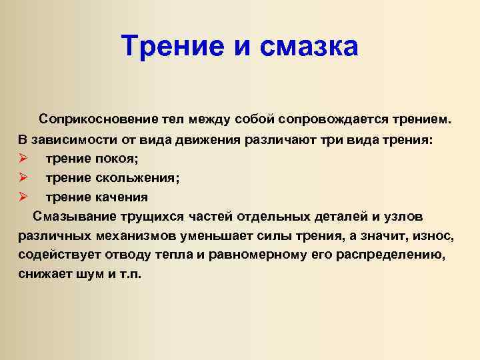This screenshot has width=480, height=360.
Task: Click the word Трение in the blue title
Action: [173, 46]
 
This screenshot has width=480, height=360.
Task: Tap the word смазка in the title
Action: [309, 47]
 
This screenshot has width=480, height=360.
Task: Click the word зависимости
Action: [74, 139]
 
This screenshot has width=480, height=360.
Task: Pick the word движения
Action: [208, 140]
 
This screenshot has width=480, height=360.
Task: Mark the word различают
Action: [281, 140]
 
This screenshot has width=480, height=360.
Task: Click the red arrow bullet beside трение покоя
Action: [23, 158]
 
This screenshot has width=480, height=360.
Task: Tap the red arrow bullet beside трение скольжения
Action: [23, 177]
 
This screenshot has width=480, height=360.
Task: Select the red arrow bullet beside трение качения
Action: [23, 197]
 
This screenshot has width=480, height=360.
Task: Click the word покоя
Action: [117, 159]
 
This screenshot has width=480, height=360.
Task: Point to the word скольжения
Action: [137, 178]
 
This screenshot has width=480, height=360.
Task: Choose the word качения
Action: [121, 197]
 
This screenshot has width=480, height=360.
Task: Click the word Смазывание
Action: [75, 217]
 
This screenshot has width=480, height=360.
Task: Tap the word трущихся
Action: [152, 217]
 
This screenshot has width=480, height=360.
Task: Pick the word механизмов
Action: [136, 236]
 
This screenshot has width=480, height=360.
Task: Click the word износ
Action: [433, 236]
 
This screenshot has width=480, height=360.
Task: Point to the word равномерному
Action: [257, 255]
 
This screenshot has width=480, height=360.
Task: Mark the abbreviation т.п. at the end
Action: [130, 274]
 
